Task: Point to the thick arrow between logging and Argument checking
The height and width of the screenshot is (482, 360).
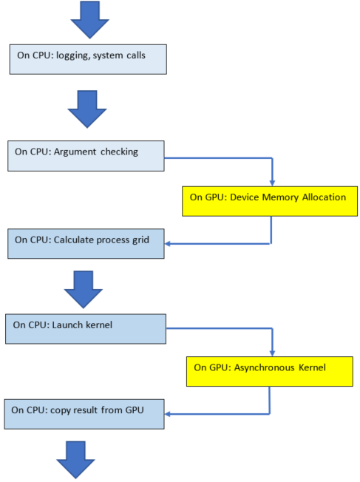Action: coord(87,110)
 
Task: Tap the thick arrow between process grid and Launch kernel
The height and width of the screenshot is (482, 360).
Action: coord(85,288)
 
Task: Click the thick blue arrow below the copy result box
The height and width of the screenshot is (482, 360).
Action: coord(77,460)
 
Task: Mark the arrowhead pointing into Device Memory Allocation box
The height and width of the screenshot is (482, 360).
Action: coord(273,182)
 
